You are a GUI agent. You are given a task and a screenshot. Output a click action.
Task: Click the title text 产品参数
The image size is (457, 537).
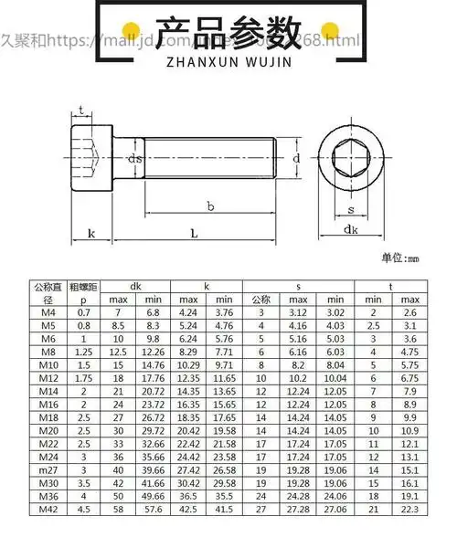[x=228, y=33]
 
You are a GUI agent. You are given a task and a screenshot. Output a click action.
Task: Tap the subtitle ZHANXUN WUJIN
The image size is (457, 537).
[x=228, y=65]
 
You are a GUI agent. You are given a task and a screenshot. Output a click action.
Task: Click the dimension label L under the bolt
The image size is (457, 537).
[x=194, y=234]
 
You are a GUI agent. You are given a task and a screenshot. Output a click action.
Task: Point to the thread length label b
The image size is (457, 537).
[x=210, y=206]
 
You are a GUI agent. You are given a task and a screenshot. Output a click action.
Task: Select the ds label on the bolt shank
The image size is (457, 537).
[x=134, y=159]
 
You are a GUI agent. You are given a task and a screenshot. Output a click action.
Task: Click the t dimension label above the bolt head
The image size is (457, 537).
[x=83, y=111]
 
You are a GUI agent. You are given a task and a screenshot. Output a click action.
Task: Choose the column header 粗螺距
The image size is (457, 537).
[x=83, y=286]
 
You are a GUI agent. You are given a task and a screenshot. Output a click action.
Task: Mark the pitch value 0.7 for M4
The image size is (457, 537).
[x=83, y=312]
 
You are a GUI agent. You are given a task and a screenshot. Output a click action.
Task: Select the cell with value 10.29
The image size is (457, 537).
[x=188, y=371]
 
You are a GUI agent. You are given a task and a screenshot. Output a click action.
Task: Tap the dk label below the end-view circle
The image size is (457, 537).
[x=350, y=230]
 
